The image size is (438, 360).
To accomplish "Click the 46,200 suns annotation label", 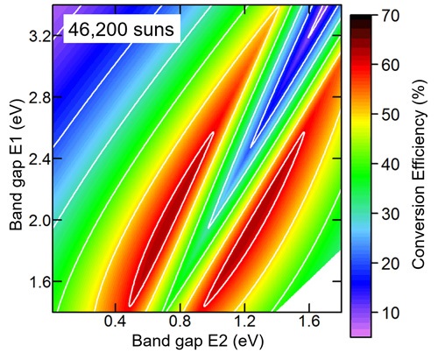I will (124, 31).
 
